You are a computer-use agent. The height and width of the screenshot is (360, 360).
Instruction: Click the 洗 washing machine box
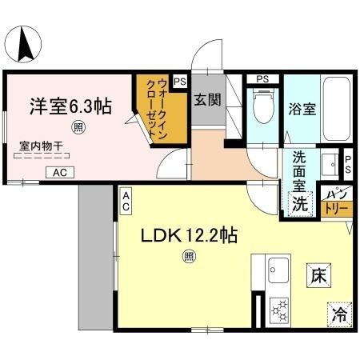point(299,203)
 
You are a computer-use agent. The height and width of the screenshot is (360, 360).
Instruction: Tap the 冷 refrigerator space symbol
point(339,314)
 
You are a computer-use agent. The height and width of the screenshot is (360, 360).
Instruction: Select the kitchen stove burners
point(281,309)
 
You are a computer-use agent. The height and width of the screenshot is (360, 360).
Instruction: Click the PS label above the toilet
point(261,78)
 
